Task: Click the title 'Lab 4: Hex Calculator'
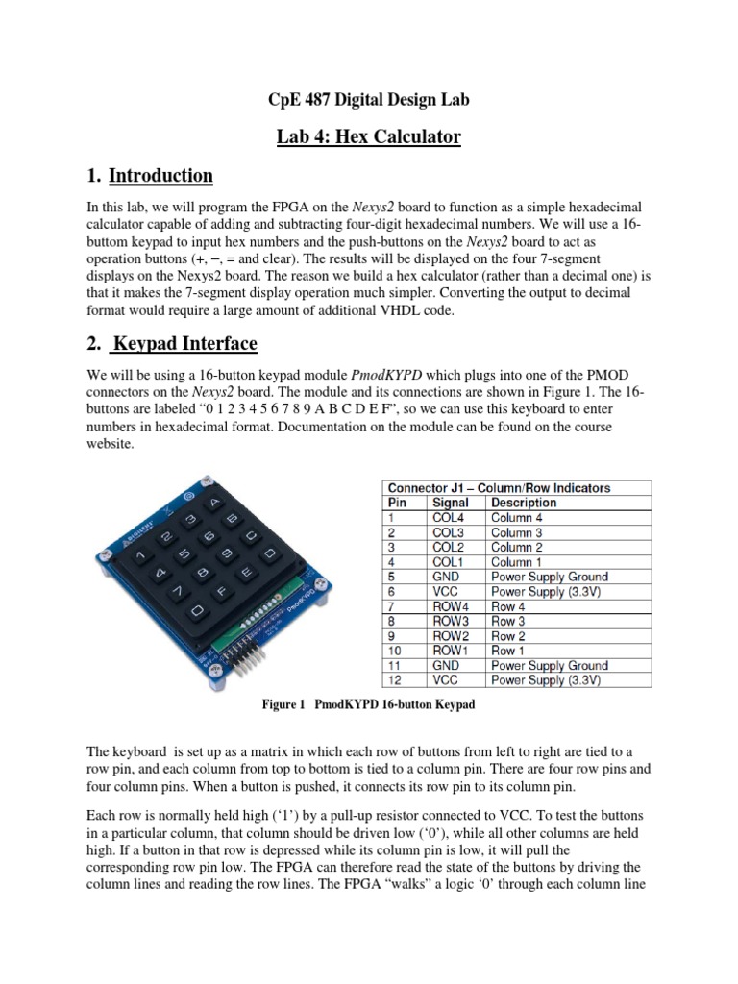(x=368, y=137)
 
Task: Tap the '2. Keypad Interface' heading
(x=172, y=343)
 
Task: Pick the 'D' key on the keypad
(x=270, y=554)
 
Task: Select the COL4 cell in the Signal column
(x=448, y=517)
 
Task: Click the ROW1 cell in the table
(x=450, y=651)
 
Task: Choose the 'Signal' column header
(x=451, y=503)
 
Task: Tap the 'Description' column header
(x=524, y=503)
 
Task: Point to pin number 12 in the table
(x=393, y=680)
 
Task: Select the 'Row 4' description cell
(x=508, y=606)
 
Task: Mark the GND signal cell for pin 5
(x=445, y=577)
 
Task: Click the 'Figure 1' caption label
(x=283, y=705)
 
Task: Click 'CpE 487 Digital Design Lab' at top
(x=368, y=100)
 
